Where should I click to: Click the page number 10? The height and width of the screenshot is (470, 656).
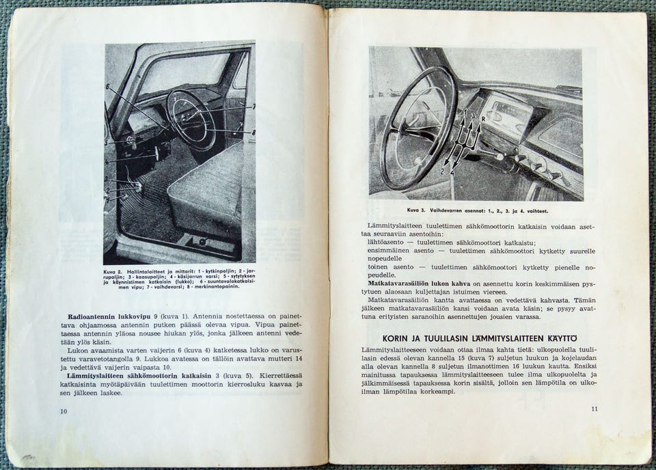(64, 411)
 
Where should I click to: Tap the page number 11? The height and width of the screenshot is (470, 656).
(594, 409)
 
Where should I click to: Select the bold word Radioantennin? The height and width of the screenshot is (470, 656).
(93, 316)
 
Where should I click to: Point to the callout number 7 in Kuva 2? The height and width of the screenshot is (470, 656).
(253, 106)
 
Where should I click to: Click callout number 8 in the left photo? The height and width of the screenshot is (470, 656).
(254, 132)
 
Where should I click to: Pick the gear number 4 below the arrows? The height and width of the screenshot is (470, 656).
(452, 174)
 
